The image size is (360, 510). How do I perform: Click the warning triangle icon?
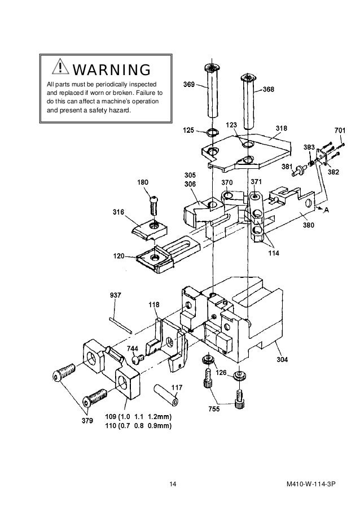click(59, 69)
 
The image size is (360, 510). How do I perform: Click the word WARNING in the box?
click(111, 70)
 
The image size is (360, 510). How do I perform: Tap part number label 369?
click(189, 85)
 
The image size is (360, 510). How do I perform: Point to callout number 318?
click(281, 129)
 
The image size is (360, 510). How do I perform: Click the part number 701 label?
click(340, 130)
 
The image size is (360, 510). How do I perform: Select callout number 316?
click(118, 212)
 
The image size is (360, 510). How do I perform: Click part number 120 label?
click(118, 256)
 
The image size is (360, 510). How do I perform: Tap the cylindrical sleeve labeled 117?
click(168, 394)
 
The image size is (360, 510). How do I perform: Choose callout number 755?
click(214, 408)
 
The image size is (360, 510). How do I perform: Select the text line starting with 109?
click(138, 417)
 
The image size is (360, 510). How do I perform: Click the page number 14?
click(173, 485)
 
